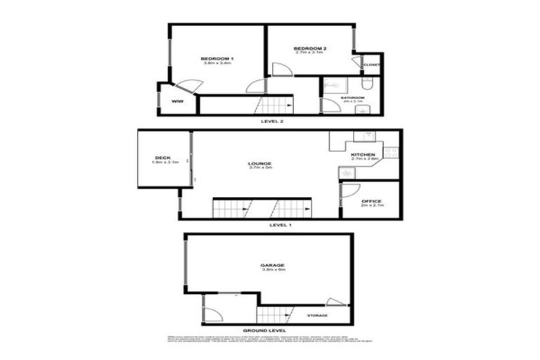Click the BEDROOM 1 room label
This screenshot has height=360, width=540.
pos(217,58)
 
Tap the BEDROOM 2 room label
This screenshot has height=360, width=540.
pos(310,48)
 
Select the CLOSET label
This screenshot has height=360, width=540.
pos(372,65)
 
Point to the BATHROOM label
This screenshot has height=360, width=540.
pos(352,98)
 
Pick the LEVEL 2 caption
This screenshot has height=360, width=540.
pos(271,122)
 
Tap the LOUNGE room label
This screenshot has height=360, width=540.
pos(259,164)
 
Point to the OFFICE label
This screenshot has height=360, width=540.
pos(371,201)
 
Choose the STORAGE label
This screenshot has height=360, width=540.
pos(318,316)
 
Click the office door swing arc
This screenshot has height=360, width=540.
pos(352,190)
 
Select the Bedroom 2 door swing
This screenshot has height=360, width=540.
pos(281,70)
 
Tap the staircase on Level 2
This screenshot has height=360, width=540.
pos(274,106)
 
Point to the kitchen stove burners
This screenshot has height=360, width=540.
pos(391,153)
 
